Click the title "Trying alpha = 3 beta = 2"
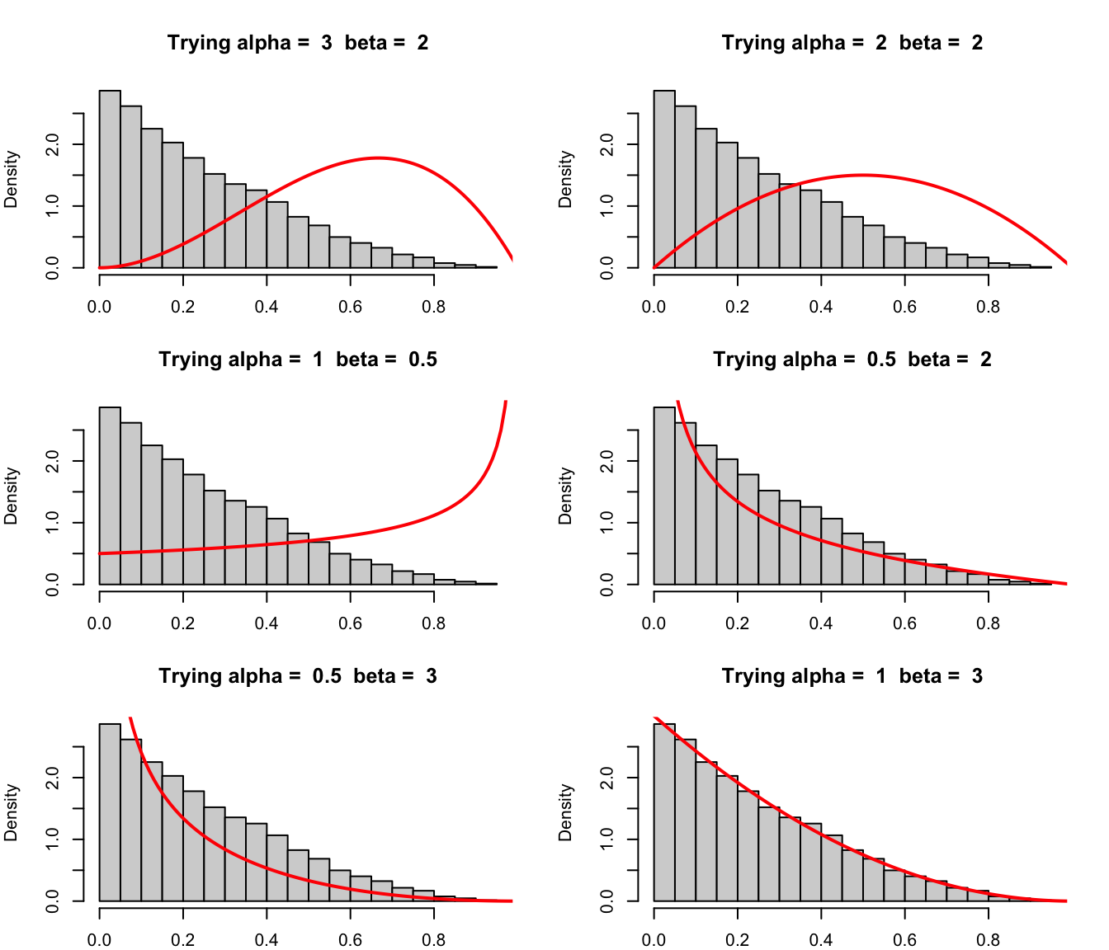298,43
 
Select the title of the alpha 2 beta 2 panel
852,43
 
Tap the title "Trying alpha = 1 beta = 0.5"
298,360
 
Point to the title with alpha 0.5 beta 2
852,360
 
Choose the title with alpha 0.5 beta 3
298,676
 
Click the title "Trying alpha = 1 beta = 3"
852,676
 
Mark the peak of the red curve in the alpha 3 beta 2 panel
378,158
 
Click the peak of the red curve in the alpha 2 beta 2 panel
863,175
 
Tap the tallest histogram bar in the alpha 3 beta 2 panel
110,178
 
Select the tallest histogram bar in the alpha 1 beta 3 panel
664,811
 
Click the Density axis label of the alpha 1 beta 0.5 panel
12,496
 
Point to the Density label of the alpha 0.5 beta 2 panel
566,496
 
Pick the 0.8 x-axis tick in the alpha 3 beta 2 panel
433,307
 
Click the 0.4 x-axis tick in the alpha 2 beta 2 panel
821,307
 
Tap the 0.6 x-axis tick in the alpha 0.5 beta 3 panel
350,940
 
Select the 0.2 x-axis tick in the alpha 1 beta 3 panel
738,940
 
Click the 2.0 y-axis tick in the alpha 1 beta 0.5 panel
53,461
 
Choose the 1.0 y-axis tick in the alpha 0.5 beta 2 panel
607,523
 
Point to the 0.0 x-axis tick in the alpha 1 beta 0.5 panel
100,623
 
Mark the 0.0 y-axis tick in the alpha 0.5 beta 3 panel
53,901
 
